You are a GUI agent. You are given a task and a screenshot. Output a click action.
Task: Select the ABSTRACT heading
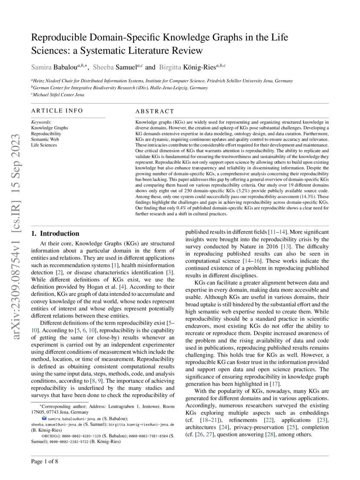[155, 112]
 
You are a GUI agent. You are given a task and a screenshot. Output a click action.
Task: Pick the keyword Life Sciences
[44, 145]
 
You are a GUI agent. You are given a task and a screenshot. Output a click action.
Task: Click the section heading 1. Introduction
[55, 233]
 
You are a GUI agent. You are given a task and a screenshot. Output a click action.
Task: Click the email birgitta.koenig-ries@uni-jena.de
[141, 424]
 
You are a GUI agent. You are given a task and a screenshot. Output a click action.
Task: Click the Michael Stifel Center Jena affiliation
[58, 95]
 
